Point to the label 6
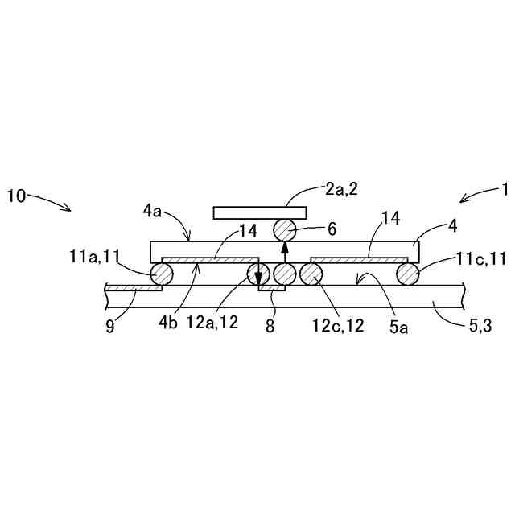tap(332, 229)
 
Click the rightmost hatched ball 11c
tap(408, 274)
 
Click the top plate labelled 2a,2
tap(259, 212)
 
